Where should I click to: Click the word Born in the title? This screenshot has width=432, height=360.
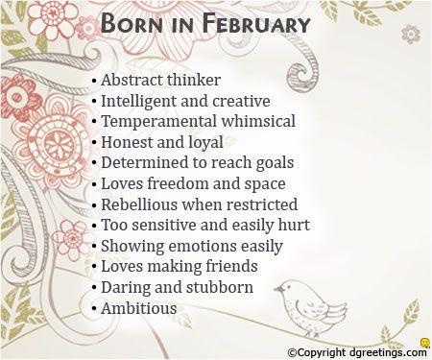coord(133,23)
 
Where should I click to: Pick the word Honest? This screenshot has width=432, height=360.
coord(126,142)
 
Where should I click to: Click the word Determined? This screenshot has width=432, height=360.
coord(143,163)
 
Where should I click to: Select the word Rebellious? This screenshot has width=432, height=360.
coord(139,204)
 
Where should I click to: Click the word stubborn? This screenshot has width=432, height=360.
coord(221,287)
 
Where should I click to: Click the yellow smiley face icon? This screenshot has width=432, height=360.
coord(423,341)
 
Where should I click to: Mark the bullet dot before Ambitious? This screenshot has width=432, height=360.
coord(94,309)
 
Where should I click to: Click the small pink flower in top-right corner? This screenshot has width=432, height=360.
coord(410,35)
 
